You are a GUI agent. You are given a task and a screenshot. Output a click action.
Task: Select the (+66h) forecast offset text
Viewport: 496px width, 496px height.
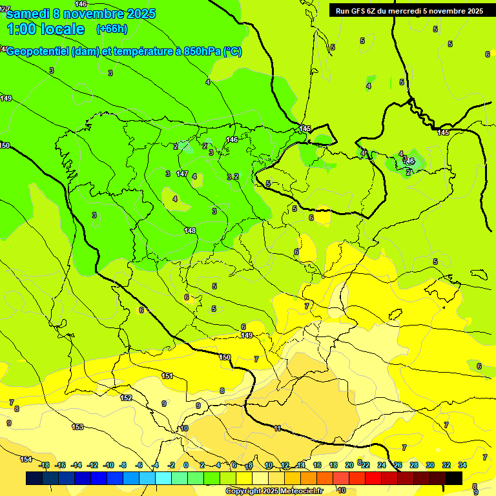pos(111,29)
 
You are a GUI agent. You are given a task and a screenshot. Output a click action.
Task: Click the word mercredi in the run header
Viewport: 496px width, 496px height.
pos(404,11)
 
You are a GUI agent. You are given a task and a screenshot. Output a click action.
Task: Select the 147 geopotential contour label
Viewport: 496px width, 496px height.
pos(182,174)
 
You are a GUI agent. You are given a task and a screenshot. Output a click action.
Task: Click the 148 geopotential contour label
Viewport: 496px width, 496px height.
pos(190,231)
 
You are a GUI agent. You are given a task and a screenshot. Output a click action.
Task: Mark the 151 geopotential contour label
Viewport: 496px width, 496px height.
pos(167,376)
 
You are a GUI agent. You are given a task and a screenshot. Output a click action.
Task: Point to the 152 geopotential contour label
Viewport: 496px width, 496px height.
pos(126,398)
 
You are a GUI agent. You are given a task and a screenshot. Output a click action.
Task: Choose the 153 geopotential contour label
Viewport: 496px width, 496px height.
pos(77,427)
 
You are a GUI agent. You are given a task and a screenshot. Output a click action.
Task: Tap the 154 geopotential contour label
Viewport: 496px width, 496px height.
pos(26,459)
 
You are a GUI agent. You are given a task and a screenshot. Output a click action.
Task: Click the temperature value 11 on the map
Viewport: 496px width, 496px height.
pos(277,428)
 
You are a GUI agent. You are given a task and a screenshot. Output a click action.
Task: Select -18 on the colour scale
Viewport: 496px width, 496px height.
pos(44,465)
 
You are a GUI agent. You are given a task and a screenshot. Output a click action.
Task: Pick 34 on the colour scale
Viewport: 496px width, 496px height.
pos(462,465)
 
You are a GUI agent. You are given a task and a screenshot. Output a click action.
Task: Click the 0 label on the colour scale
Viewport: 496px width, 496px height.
pos(186,465)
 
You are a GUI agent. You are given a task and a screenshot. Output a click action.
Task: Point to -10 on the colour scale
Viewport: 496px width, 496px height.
pos(108,465)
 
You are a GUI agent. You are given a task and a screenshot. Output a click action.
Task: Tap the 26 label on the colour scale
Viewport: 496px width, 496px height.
pos(397,465)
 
